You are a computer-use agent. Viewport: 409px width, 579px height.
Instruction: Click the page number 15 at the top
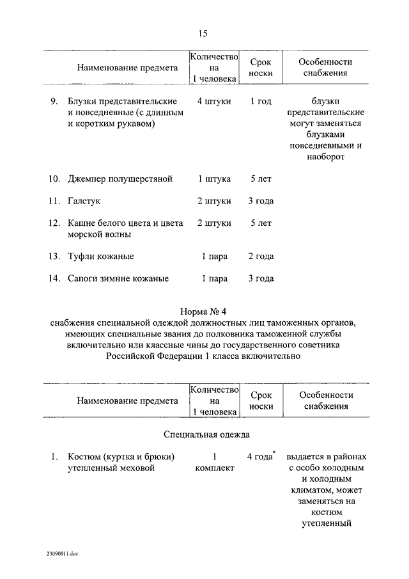tap(203, 34)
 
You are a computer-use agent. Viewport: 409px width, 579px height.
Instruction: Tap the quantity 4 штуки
tap(213, 101)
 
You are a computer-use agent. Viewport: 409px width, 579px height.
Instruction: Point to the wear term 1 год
tap(261, 101)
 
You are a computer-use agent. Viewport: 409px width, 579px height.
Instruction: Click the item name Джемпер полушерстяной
tap(120, 179)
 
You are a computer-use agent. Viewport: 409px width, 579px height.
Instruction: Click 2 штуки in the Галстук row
tap(213, 201)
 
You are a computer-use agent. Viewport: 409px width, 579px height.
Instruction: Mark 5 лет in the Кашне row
tap(261, 223)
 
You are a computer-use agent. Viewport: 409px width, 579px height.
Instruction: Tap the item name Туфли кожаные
tap(101, 257)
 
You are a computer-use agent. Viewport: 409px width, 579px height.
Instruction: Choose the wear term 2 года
tap(261, 257)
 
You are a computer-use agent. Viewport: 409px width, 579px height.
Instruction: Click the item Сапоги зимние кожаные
tap(118, 278)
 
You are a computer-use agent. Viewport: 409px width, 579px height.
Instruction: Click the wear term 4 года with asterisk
tap(260, 457)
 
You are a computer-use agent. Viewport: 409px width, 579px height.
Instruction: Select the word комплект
tap(214, 468)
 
